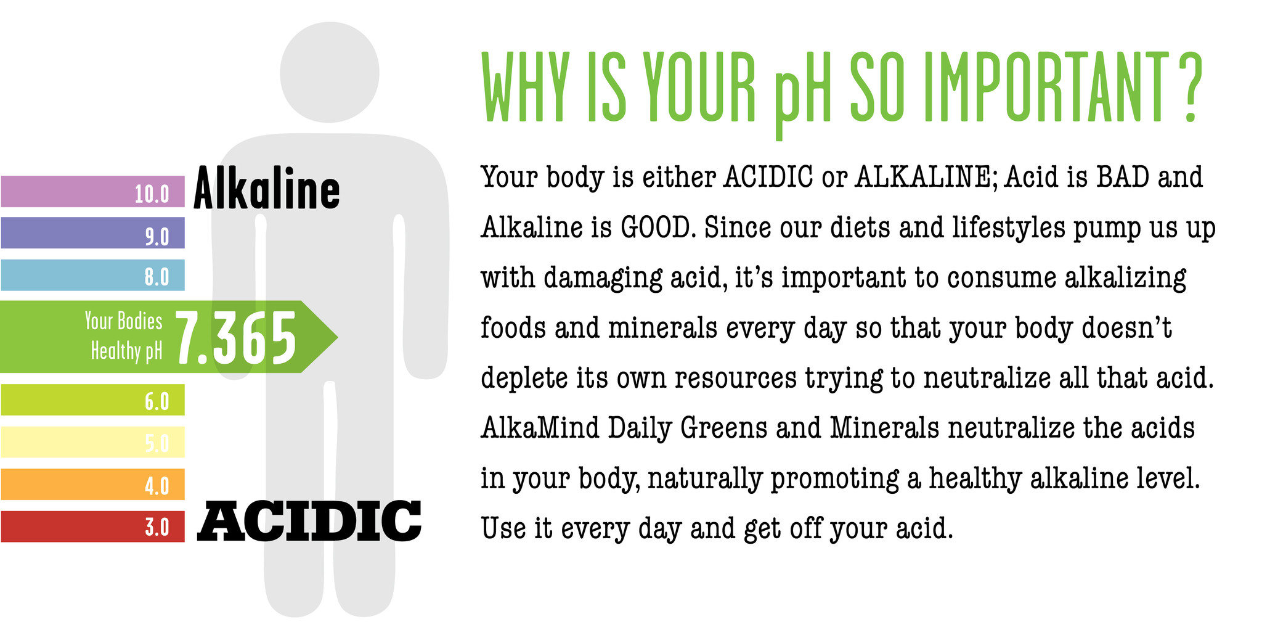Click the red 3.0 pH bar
[x=92, y=526]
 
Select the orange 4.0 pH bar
[x=92, y=485]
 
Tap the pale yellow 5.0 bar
[x=92, y=442]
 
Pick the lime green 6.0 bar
[x=92, y=400]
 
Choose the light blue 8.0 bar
[x=92, y=275]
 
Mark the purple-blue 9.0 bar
[x=92, y=233]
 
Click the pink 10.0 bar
[x=92, y=191]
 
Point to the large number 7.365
[x=237, y=338]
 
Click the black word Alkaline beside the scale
[x=267, y=188]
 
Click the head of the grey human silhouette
[x=330, y=72]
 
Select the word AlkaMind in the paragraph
[x=540, y=428]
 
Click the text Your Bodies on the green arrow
[x=123, y=321]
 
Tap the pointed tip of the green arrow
[x=338, y=337]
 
